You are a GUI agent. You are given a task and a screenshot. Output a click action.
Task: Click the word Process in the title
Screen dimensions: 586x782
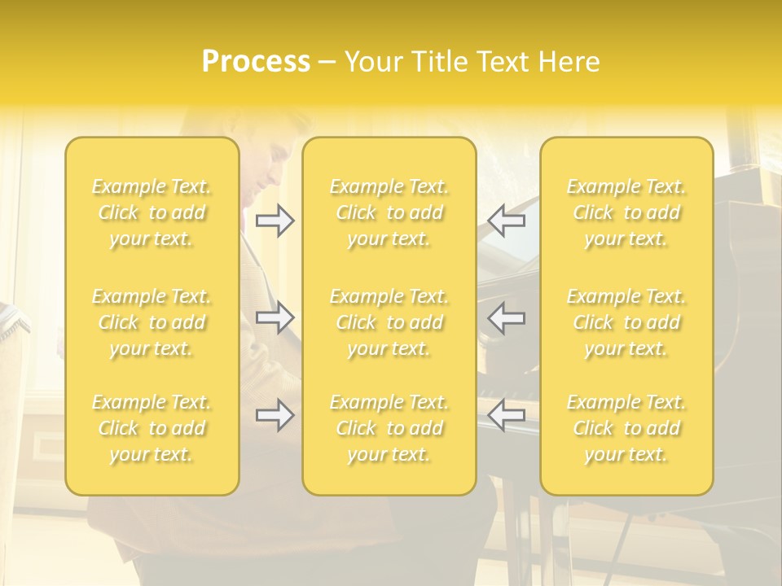tap(256, 62)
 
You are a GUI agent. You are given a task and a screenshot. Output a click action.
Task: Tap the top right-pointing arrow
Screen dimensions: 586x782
tap(275, 221)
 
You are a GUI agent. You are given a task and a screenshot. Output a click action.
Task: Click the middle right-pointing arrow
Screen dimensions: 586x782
tap(275, 317)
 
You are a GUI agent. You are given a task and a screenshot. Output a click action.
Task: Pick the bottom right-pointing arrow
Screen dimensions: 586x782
tap(275, 416)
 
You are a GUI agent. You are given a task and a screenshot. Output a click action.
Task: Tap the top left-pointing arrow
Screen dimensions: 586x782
tap(507, 221)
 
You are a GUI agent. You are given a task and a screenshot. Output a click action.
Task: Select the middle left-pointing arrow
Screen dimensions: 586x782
tap(507, 317)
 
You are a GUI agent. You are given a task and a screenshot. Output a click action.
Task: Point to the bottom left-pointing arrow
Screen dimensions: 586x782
tap(507, 416)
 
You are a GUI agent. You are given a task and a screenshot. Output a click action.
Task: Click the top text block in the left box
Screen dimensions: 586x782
tap(152, 212)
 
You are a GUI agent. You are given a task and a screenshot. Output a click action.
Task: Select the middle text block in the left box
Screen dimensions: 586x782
tap(152, 322)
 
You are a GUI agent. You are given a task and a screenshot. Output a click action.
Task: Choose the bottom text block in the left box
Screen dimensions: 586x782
tap(152, 428)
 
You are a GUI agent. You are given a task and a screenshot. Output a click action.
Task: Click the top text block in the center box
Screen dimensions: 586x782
tap(389, 212)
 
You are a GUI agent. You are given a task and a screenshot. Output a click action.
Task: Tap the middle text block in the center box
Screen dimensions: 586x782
tap(389, 322)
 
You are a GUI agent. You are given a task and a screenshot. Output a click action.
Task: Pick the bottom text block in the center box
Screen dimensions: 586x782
tap(389, 428)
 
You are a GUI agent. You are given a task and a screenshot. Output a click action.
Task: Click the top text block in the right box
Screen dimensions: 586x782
tap(626, 212)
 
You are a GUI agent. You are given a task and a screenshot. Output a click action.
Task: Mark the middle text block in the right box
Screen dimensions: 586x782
tap(626, 322)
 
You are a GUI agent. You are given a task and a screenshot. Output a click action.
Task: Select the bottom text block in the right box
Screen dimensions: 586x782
tap(626, 428)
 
